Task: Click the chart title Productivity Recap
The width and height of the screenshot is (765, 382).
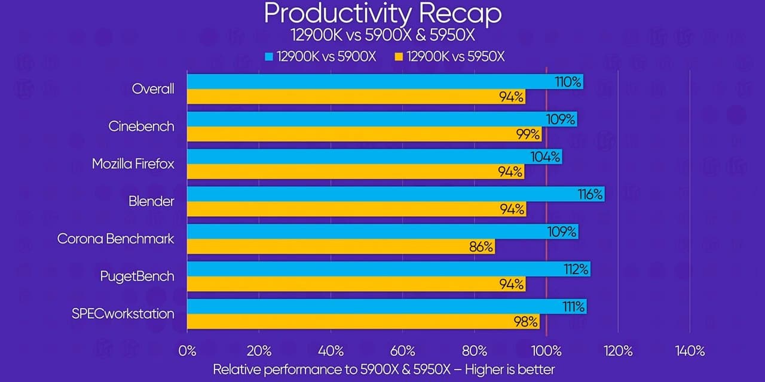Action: pyautogui.click(x=382, y=13)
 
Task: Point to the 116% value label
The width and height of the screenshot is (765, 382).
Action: pyautogui.click(x=590, y=194)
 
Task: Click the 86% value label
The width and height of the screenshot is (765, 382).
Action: pyautogui.click(x=481, y=247)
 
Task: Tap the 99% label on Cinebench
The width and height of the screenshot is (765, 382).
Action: pyautogui.click(x=528, y=134)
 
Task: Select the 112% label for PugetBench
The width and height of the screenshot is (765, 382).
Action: pyautogui.click(x=577, y=269)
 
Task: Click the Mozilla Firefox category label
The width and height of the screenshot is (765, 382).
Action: pyautogui.click(x=133, y=164)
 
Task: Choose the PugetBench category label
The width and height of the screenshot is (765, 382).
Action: pyautogui.click(x=137, y=276)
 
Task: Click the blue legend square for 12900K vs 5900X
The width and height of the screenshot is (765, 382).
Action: pyautogui.click(x=268, y=57)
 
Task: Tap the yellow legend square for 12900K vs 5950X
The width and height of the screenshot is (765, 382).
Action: pyautogui.click(x=399, y=57)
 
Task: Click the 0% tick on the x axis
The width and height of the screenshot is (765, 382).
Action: pyautogui.click(x=187, y=351)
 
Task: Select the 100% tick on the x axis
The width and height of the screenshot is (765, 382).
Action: pyautogui.click(x=546, y=351)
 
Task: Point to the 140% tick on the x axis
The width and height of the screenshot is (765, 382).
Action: pyautogui.click(x=690, y=351)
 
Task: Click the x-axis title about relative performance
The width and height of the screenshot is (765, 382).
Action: pyautogui.click(x=384, y=369)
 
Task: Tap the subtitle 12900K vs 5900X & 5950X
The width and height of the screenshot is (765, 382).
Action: pyautogui.click(x=382, y=35)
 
